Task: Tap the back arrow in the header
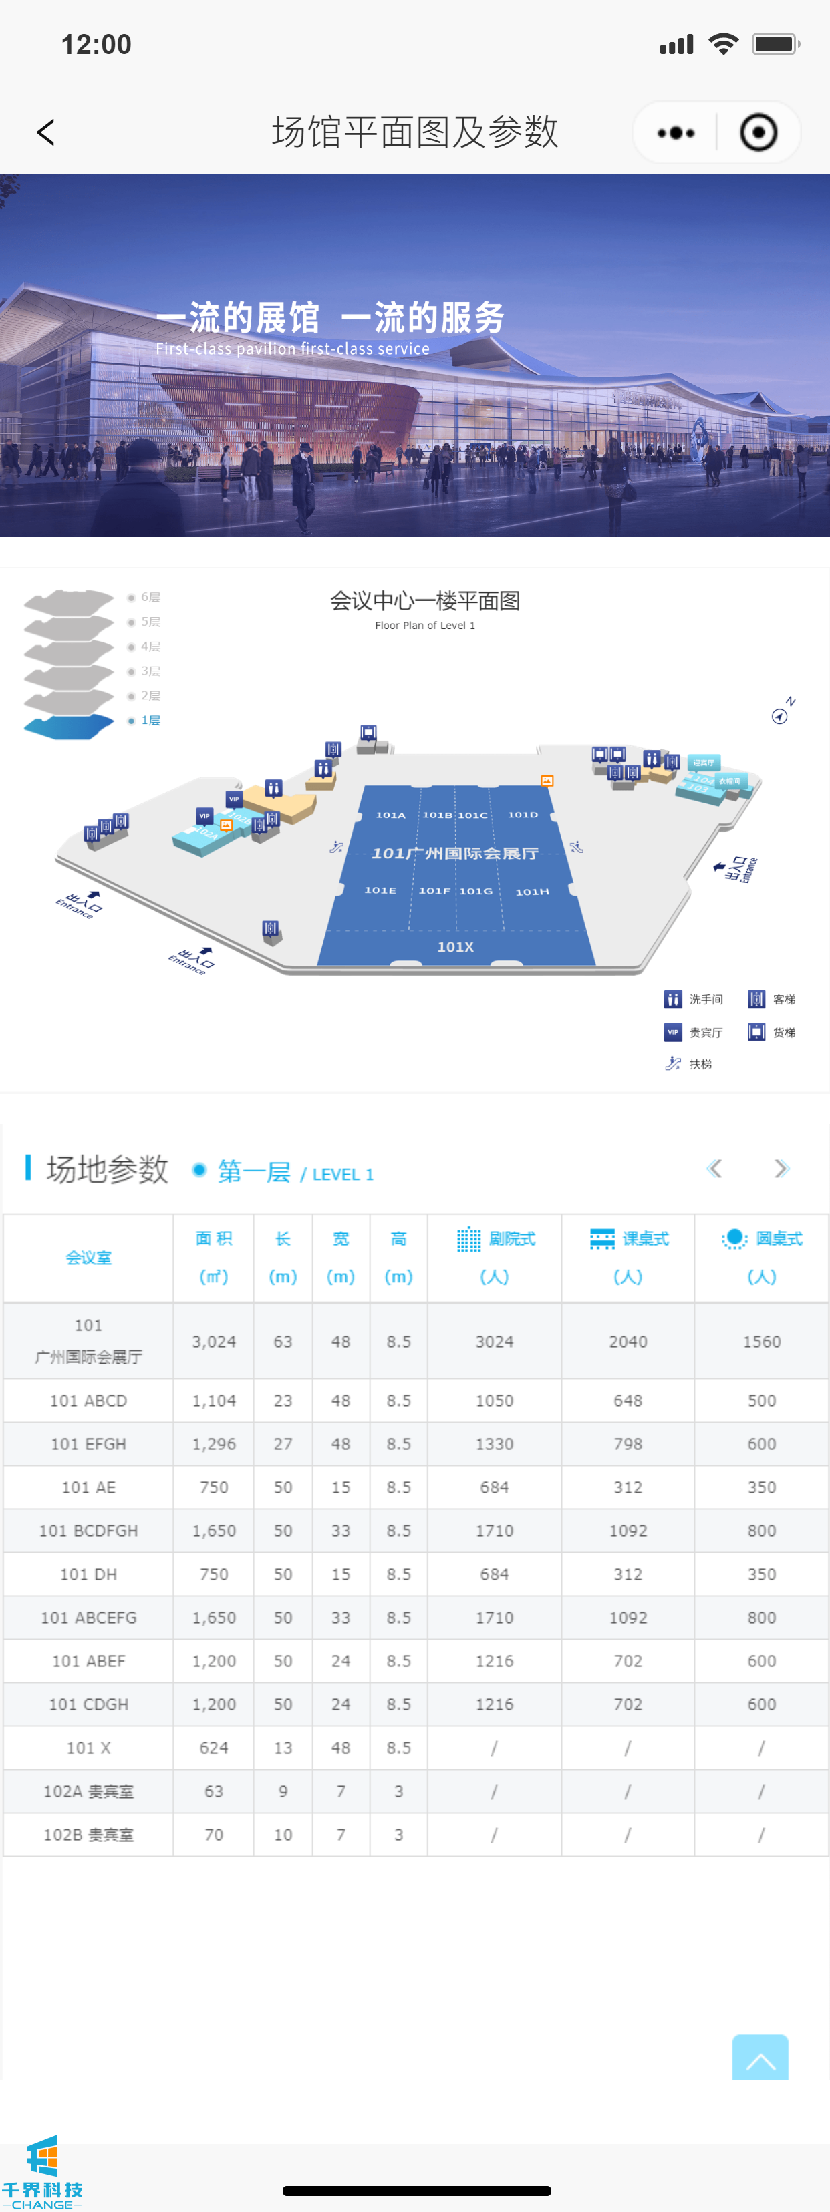(46, 132)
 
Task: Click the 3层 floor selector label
(150, 671)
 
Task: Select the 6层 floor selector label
(150, 597)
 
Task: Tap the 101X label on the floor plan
(455, 946)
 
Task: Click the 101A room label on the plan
(390, 815)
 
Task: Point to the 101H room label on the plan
(532, 892)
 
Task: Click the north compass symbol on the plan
(780, 715)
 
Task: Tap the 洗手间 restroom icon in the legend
(673, 998)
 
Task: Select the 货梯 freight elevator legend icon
(756, 1031)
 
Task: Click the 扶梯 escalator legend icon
(673, 1064)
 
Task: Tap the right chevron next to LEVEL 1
(781, 1169)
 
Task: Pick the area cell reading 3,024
(214, 1341)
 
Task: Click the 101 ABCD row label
(88, 1401)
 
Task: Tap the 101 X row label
(88, 1747)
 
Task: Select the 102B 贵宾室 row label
(88, 1834)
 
